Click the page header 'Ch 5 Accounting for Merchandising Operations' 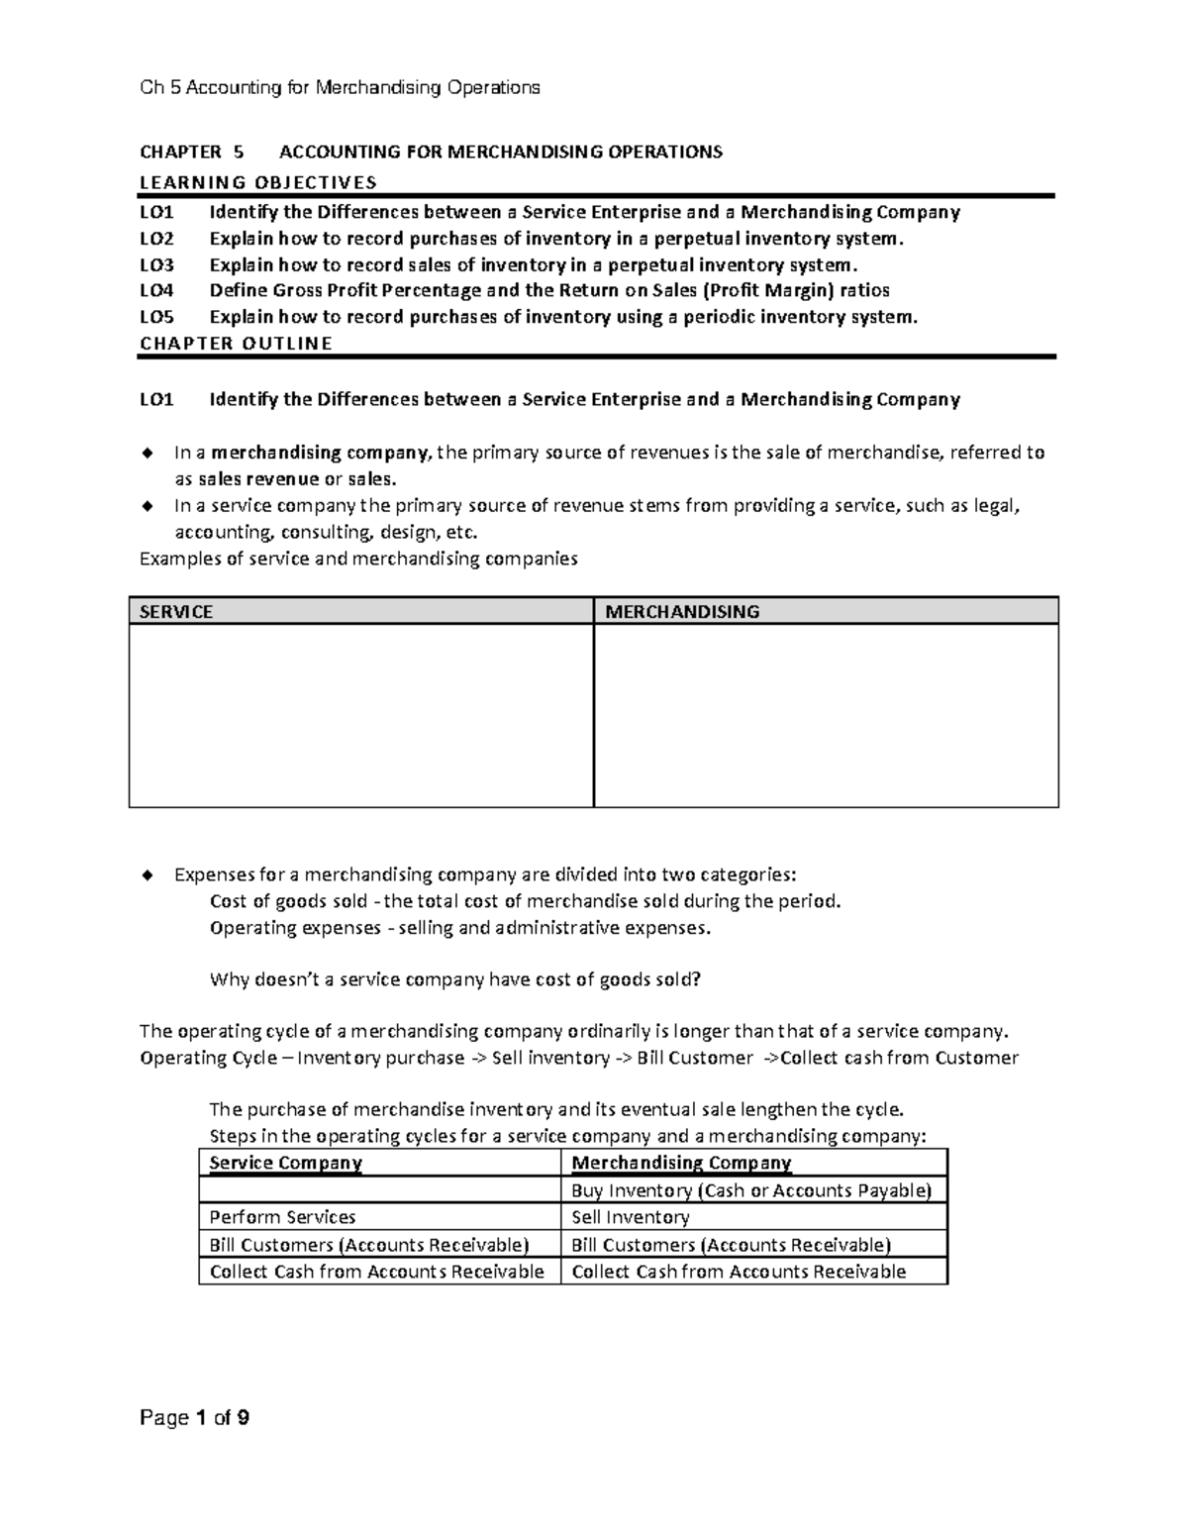point(340,88)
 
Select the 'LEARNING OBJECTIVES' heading point(258,182)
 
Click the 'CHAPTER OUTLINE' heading point(236,344)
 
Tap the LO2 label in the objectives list point(156,239)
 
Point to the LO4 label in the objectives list point(156,291)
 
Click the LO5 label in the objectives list point(156,317)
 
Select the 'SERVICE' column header point(176,612)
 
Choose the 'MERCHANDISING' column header point(682,612)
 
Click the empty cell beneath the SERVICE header point(360,715)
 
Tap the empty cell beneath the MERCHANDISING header point(826,715)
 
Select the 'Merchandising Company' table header point(681,1163)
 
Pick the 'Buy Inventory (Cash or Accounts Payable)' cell point(751,1190)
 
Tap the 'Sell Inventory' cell point(631,1217)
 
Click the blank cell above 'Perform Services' point(379,1190)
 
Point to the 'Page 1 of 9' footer point(194,1418)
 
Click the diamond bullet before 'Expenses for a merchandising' point(148,874)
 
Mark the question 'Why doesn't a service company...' point(455,980)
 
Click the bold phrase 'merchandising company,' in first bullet point(321,454)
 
